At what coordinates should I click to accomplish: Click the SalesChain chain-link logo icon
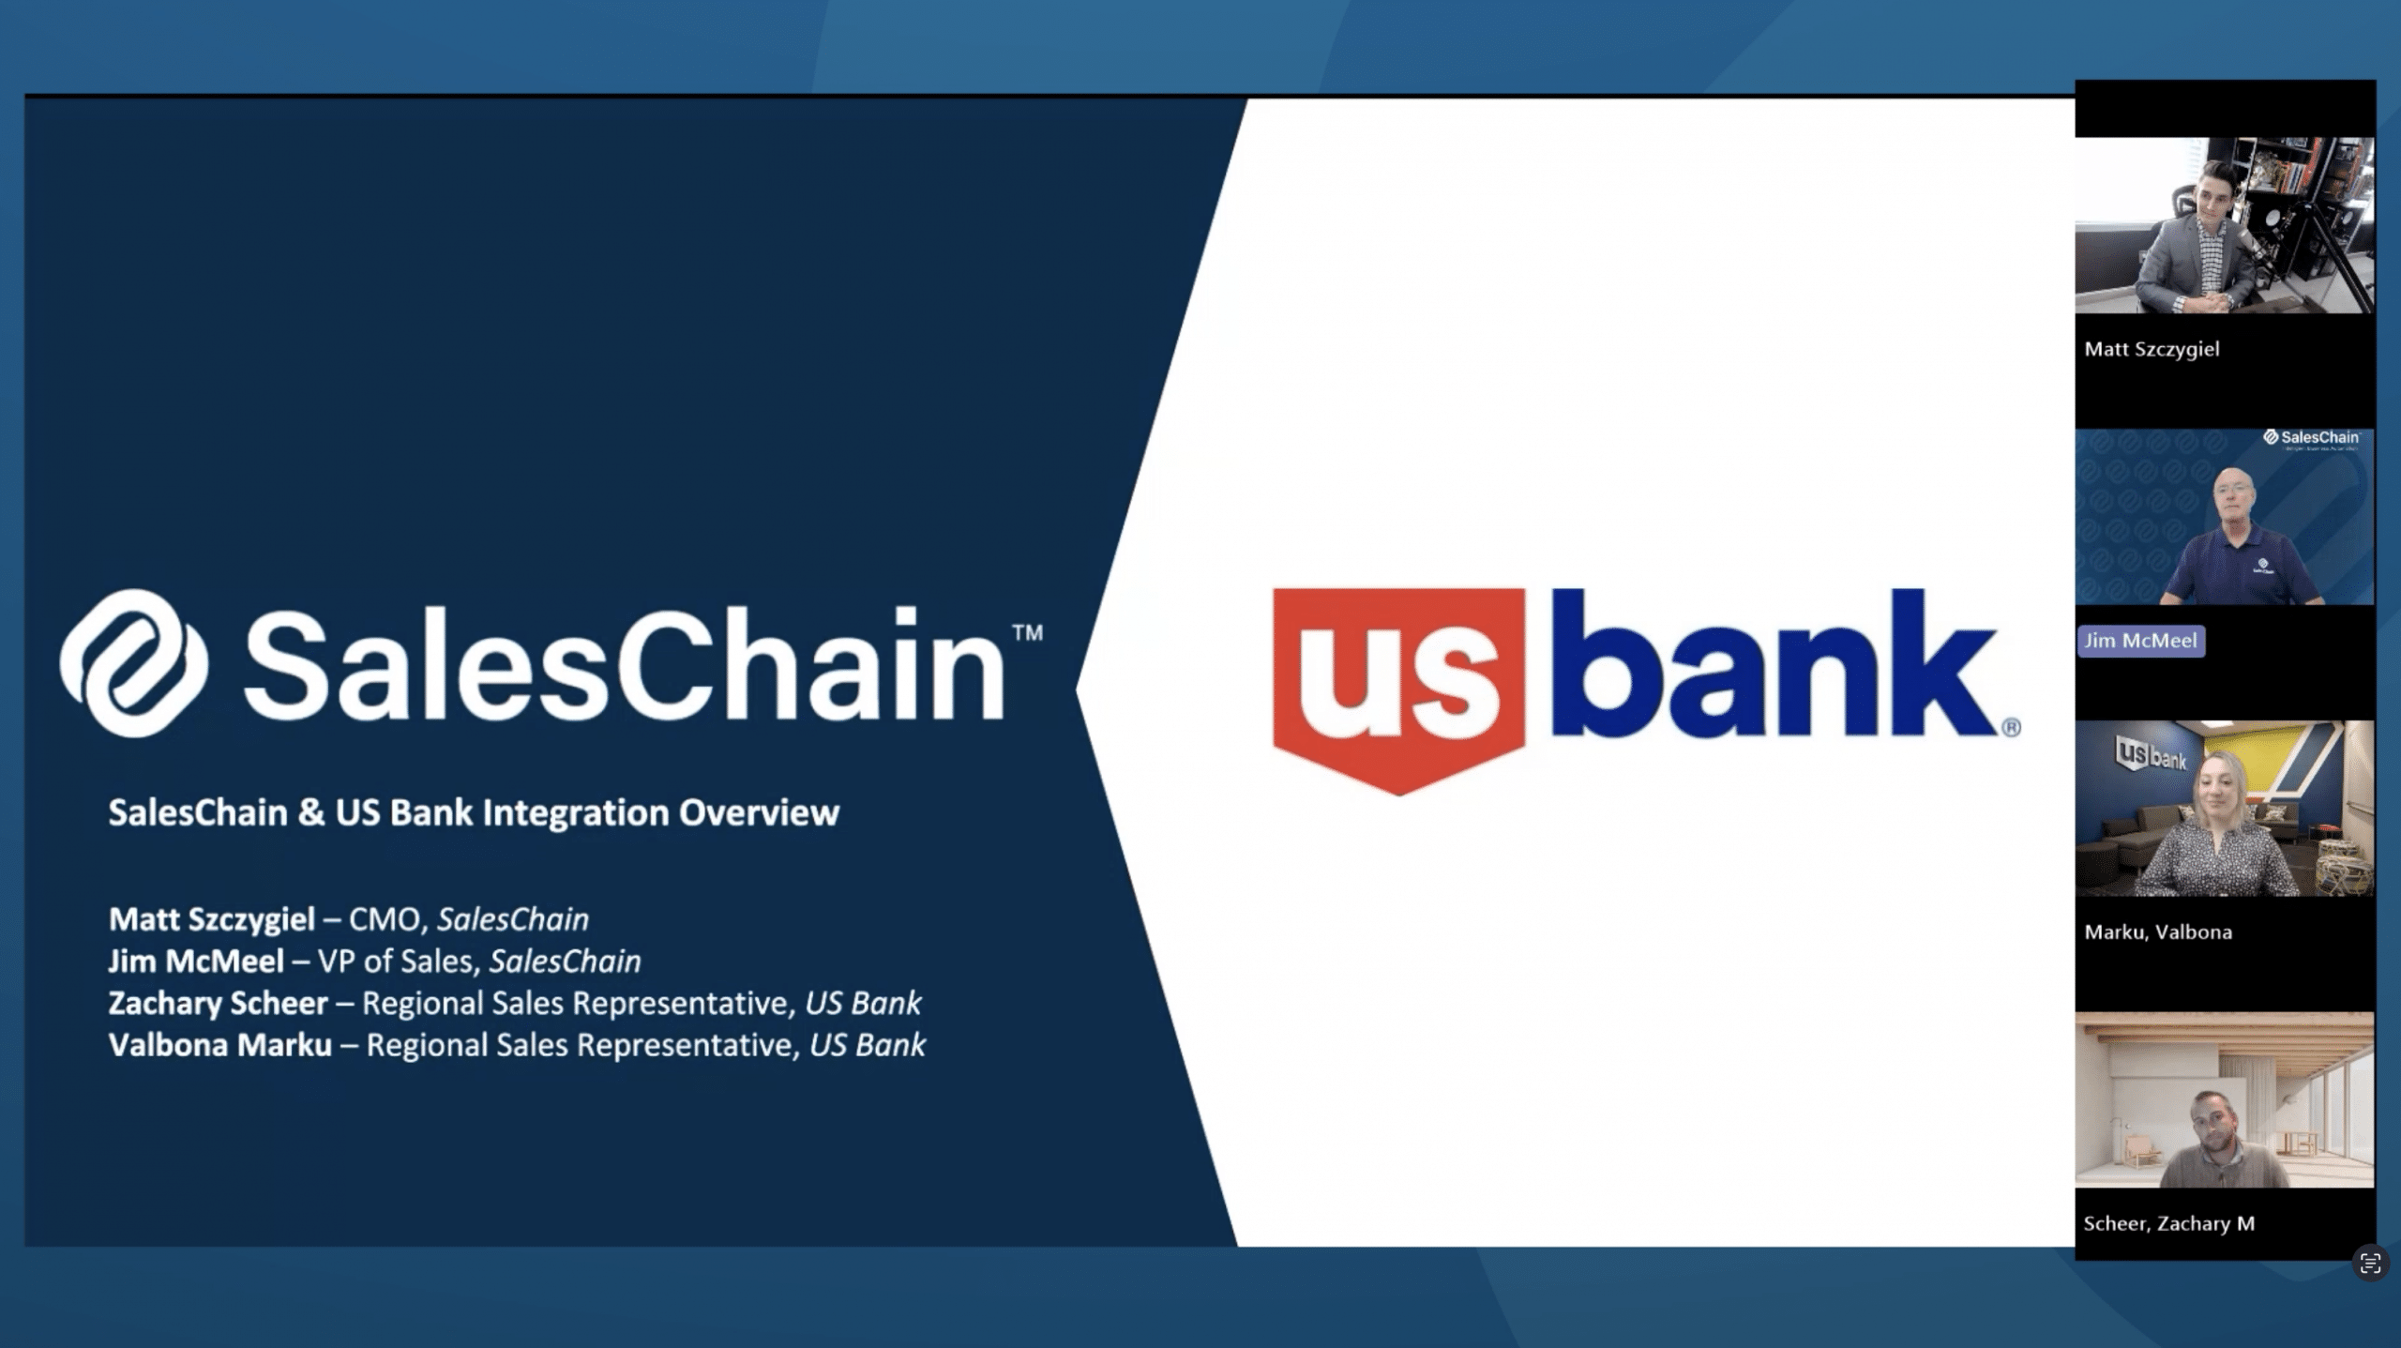[x=134, y=663]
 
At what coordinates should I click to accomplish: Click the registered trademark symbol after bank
[x=2011, y=727]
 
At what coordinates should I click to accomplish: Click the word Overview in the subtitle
[x=759, y=812]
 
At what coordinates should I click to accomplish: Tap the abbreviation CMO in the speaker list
[x=385, y=919]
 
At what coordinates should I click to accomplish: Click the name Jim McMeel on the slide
[x=196, y=962]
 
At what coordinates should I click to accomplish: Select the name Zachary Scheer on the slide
[x=219, y=1004]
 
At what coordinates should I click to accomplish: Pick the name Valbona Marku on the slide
[x=220, y=1045]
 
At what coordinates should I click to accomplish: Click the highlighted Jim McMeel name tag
[x=2140, y=641]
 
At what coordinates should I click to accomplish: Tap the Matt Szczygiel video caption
[x=2152, y=350]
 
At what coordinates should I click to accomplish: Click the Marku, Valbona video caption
[x=2157, y=932]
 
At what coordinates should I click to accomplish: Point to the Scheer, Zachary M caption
[x=2168, y=1223]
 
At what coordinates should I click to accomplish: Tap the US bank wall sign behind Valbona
[x=2151, y=753]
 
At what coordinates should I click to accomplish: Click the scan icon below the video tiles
[x=2370, y=1264]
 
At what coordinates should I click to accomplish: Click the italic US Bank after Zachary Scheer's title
[x=863, y=1004]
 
